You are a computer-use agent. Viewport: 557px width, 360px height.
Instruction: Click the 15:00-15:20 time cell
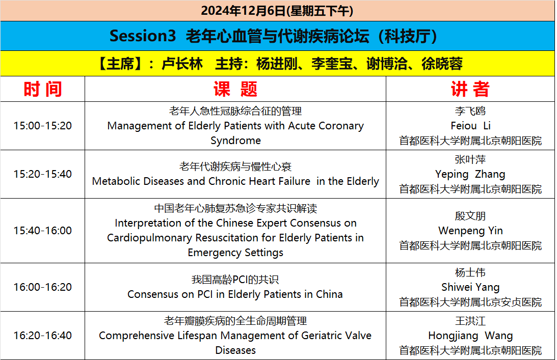pos(43,126)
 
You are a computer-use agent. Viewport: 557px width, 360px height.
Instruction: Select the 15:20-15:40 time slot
pos(43,174)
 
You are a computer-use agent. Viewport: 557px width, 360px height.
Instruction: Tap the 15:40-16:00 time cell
pos(43,231)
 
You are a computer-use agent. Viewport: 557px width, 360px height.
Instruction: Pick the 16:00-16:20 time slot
pos(43,287)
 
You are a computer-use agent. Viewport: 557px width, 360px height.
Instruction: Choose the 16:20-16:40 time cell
pos(43,335)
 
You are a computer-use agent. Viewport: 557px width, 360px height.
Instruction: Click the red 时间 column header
pos(43,89)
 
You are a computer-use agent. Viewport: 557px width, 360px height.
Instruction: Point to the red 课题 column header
pos(235,89)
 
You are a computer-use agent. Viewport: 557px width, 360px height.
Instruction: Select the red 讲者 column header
pos(470,89)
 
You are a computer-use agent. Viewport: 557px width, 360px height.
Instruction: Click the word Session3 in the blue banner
pos(143,36)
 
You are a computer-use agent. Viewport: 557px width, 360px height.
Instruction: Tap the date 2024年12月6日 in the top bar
pos(243,11)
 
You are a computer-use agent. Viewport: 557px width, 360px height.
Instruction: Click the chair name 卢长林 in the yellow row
pos(182,64)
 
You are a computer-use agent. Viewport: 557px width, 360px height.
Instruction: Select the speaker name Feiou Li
pos(470,126)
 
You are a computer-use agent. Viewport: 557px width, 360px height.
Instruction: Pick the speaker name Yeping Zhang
pos(470,174)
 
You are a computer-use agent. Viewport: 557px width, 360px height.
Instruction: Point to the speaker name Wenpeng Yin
pos(470,231)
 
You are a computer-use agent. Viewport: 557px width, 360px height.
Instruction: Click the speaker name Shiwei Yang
pos(470,287)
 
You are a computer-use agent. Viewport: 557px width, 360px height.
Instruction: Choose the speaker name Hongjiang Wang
pos(470,335)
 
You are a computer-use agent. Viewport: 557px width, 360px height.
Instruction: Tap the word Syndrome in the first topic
pos(235,141)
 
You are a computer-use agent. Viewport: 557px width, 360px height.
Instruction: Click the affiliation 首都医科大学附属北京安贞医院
pos(470,302)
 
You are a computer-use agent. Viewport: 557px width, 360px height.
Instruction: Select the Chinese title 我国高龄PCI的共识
pos(235,280)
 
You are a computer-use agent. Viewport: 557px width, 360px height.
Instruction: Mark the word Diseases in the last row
pos(235,350)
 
